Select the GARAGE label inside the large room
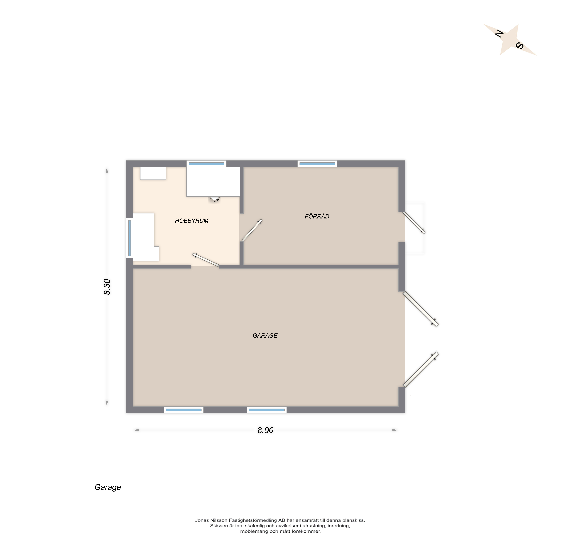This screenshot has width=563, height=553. (x=265, y=335)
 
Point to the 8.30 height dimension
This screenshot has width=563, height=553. (x=107, y=287)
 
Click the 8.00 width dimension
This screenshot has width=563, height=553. (x=265, y=430)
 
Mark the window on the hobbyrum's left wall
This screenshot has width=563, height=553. (x=129, y=238)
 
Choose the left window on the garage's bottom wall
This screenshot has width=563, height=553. (x=184, y=410)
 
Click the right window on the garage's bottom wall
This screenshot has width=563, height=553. (x=267, y=410)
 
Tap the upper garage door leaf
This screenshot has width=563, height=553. (x=421, y=309)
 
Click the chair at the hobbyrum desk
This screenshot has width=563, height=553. (x=214, y=199)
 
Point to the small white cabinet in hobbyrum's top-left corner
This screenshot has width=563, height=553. (x=153, y=173)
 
